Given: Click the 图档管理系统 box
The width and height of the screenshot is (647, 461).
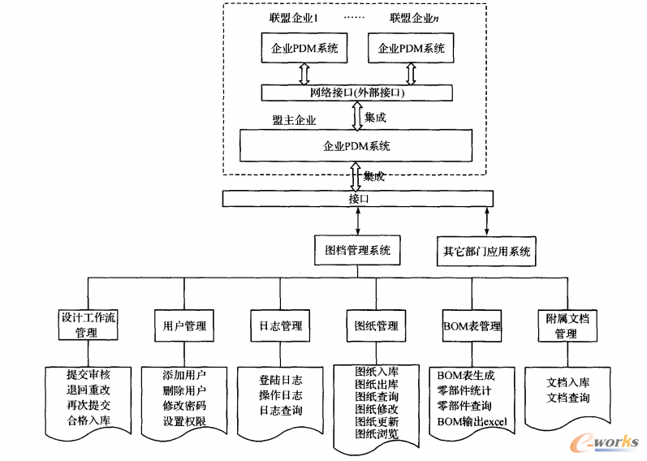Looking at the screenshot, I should click(357, 251).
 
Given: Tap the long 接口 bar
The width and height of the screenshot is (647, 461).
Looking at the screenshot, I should click(357, 198).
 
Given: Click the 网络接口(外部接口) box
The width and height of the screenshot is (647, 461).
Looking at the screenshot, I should click(356, 93).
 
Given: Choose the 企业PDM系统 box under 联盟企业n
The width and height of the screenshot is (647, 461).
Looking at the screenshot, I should click(412, 49).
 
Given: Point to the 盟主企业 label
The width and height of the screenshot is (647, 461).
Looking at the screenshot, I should click(294, 120).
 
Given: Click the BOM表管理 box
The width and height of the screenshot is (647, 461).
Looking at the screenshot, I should click(472, 326).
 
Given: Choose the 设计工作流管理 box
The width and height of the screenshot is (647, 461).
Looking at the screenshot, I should click(88, 325).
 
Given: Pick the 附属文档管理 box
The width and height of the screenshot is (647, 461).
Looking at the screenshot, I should click(565, 325).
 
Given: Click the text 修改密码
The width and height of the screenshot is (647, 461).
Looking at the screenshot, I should click(184, 406).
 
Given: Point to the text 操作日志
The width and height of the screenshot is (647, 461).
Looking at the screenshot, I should click(280, 395).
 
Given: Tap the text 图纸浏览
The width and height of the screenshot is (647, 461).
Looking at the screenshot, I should click(377, 434).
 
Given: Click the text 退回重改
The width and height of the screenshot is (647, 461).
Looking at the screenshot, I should click(88, 390).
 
